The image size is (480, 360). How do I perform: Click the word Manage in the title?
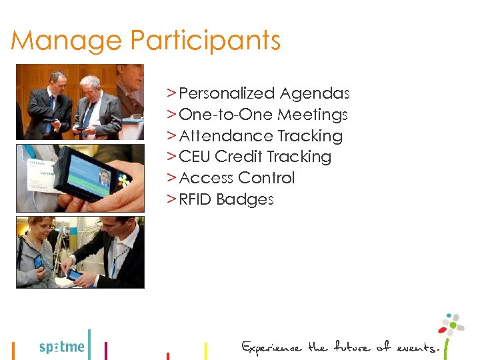67,41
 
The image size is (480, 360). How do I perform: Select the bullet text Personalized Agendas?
264,94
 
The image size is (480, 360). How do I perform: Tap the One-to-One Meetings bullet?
263,115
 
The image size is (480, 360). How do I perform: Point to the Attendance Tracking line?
261,136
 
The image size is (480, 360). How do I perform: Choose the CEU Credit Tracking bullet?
255,157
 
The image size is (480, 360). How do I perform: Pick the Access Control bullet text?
237,178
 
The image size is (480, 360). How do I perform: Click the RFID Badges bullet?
226,199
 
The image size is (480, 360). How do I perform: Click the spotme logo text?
62,347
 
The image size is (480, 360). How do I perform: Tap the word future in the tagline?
350,347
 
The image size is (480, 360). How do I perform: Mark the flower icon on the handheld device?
123,179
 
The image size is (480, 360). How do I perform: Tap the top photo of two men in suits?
80,101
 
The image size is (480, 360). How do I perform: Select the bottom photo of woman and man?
80,252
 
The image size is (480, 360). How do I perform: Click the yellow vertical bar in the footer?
205,350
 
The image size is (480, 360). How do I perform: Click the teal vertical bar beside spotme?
89,344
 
